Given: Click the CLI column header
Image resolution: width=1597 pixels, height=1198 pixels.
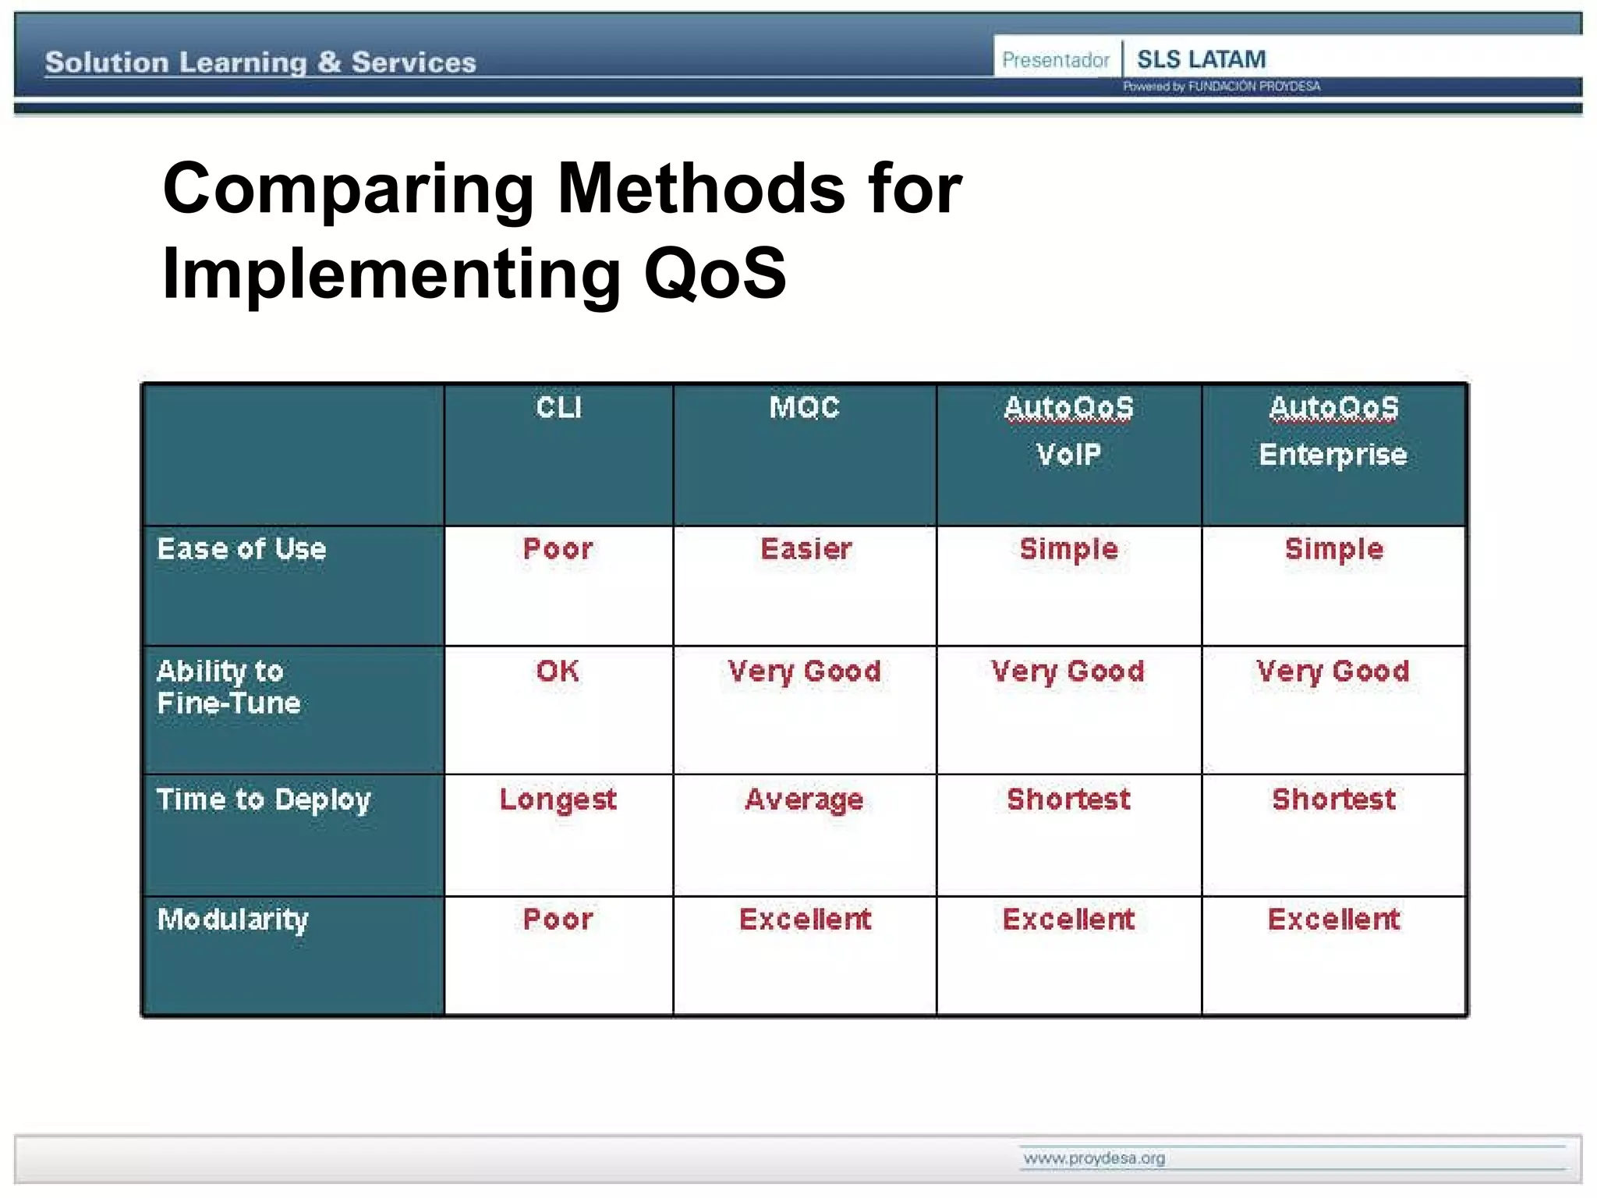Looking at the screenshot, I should point(558,407).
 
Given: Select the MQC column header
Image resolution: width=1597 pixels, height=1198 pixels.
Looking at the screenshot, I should point(804,407).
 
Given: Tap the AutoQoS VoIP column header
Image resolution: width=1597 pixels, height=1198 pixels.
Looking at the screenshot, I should point(1068,431).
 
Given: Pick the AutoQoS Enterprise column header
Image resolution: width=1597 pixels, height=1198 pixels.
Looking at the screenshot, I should point(1333,431).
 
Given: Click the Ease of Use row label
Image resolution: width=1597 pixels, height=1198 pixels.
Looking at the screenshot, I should point(242,549).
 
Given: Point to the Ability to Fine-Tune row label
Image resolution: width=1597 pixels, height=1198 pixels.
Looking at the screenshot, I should point(228,687).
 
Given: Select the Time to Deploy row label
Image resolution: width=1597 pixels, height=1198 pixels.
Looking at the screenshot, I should point(264,800).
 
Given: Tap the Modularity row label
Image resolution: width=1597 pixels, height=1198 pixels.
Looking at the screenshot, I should point(232,920).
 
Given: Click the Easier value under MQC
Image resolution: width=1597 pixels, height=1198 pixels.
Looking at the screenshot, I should point(806,549).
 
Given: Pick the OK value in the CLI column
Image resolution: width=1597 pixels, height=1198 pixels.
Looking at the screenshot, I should point(558,671).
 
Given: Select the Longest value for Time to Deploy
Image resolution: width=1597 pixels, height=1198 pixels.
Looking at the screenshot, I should point(558,800).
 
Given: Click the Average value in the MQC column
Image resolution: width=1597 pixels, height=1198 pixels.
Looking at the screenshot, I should point(804,800).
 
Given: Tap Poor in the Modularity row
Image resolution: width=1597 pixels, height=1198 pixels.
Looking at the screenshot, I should point(558,920).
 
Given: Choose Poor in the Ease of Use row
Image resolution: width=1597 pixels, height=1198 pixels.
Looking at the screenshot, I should point(558,549).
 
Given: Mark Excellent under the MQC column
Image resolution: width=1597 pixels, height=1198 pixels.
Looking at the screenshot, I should point(805,920).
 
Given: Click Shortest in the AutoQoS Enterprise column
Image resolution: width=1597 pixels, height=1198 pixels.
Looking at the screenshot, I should point(1333,799).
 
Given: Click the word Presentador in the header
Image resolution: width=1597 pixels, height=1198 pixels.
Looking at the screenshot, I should point(1055,60).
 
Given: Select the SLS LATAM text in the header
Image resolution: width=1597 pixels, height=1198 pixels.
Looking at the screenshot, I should point(1201,59).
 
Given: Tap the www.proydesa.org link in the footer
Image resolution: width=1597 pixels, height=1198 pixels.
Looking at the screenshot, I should point(1094,1158).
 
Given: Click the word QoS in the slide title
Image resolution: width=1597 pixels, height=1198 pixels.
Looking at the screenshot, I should point(714,273).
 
